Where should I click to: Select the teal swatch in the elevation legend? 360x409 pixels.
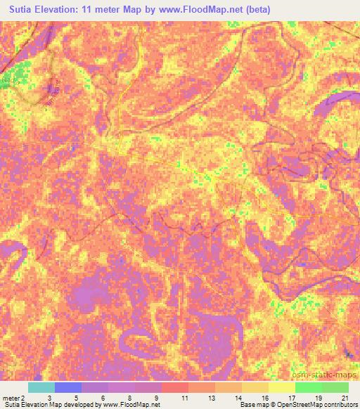(x=41, y=387)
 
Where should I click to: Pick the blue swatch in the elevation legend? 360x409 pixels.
(x=67, y=387)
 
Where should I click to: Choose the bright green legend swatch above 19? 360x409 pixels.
(x=308, y=387)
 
